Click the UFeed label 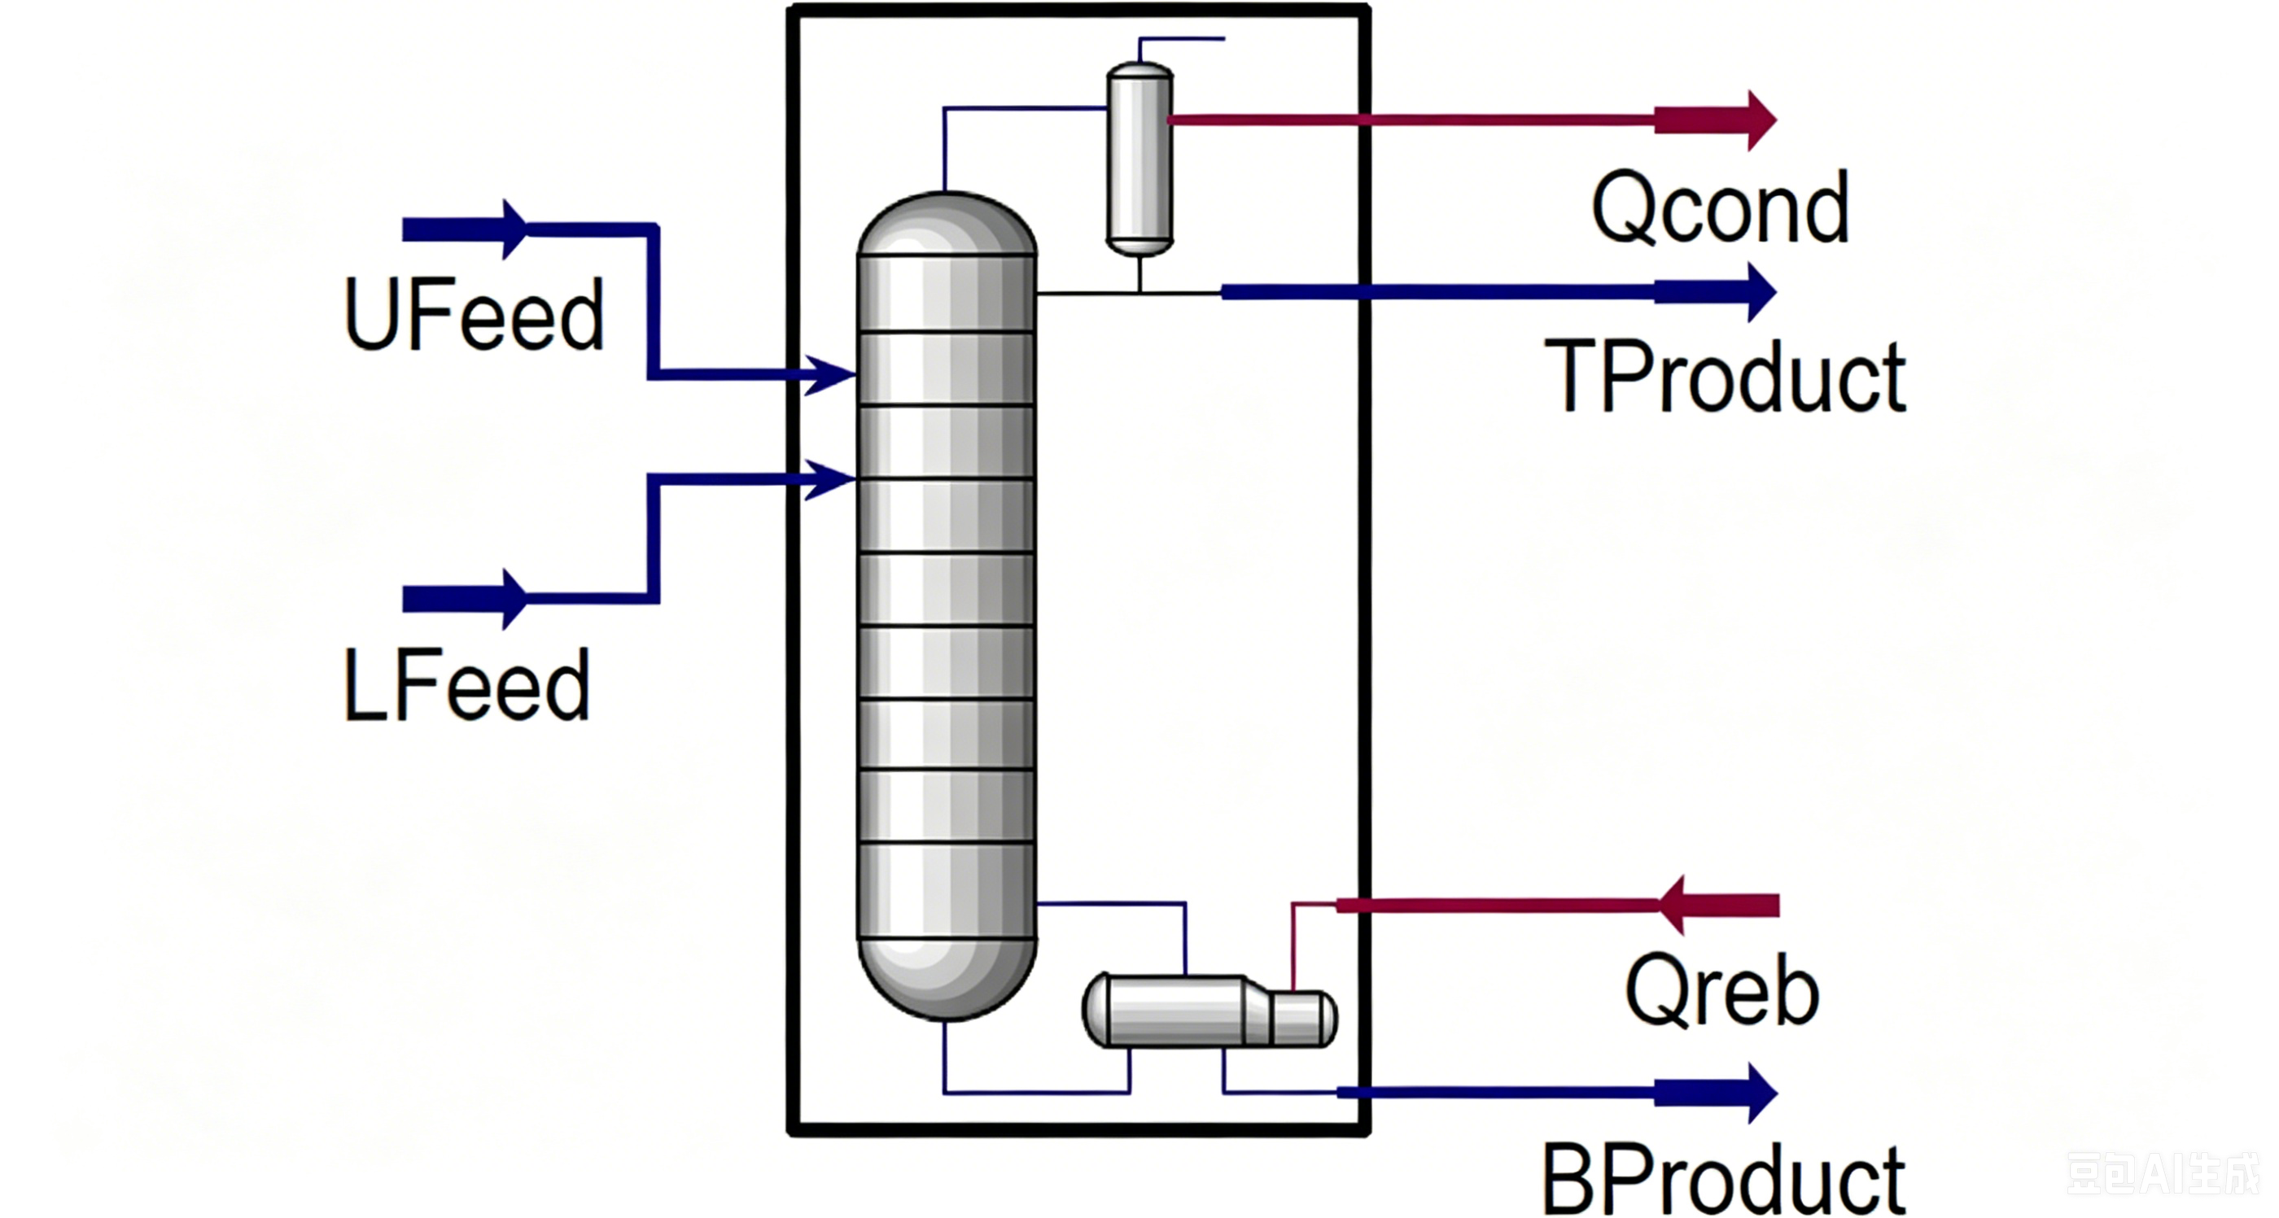coord(474,314)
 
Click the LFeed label coord(466,686)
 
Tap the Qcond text coord(1720,207)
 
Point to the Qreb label coord(1721,991)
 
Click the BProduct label coord(1722,1180)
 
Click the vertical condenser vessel coord(1140,159)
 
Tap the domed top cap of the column coord(947,224)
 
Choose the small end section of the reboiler coord(1303,1018)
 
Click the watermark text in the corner coord(2161,1173)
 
